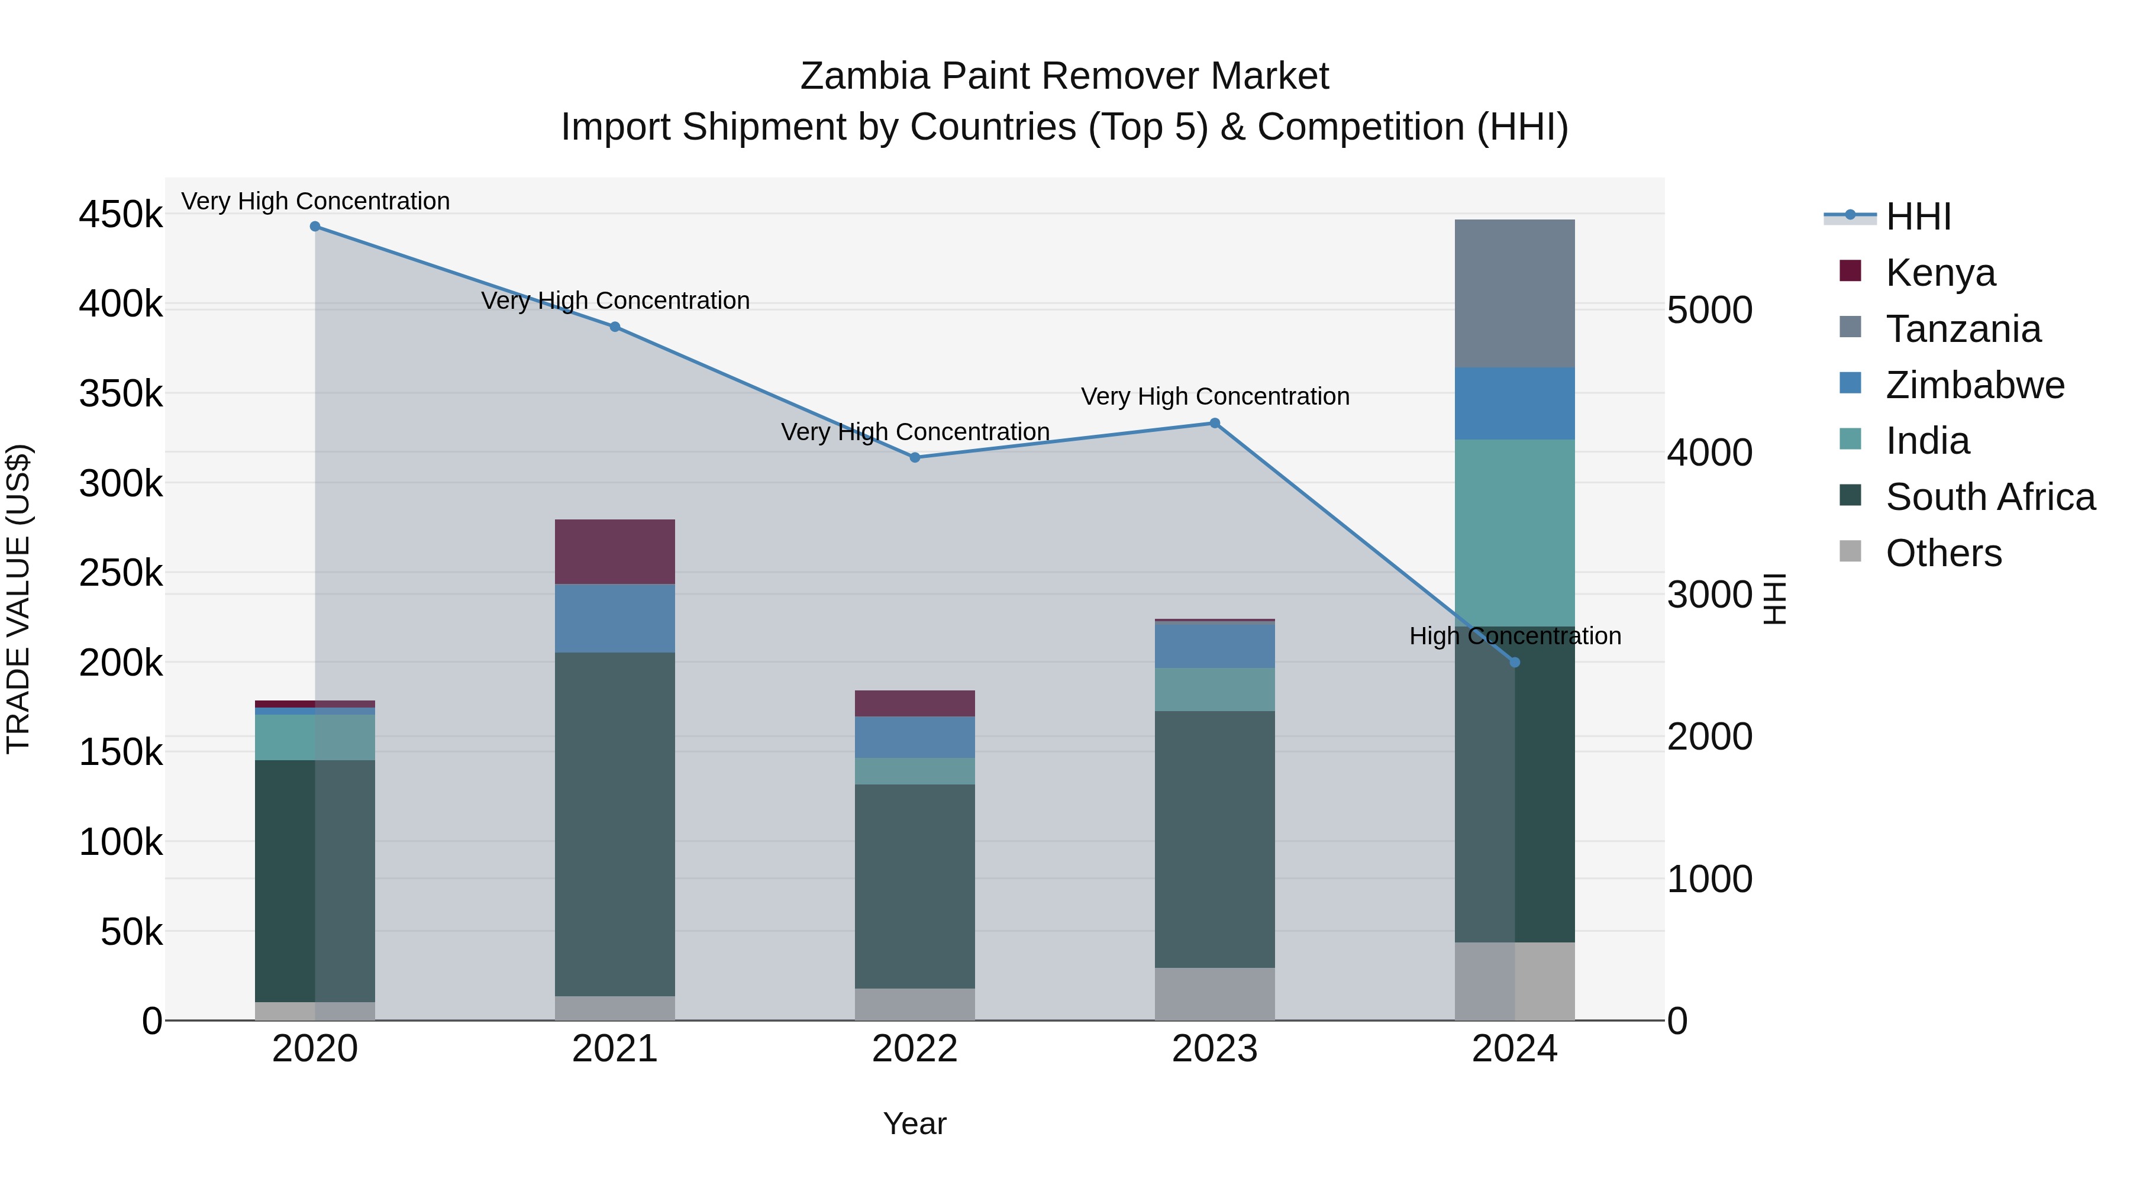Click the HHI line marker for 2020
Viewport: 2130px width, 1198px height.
pos(315,227)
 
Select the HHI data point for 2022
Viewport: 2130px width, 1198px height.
pos(915,457)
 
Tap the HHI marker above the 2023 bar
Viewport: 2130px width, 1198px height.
pos(1215,424)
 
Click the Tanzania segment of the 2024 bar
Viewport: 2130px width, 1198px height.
pos(1514,293)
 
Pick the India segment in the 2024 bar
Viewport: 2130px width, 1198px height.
pos(1514,532)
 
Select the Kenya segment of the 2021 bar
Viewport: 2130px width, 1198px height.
pos(614,551)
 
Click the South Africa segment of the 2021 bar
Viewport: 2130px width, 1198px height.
pos(614,824)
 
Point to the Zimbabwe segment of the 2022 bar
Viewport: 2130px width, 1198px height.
pos(915,737)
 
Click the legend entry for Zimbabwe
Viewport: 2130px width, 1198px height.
pos(1974,385)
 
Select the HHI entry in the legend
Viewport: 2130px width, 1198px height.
pos(1918,217)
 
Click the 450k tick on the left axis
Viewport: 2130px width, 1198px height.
pos(121,215)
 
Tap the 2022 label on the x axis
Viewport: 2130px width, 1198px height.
pos(915,1049)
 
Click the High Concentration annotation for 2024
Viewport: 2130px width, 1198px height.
pos(1515,636)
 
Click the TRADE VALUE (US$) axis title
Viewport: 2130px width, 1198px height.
pos(18,599)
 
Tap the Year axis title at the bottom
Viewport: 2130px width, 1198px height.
pos(915,1123)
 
